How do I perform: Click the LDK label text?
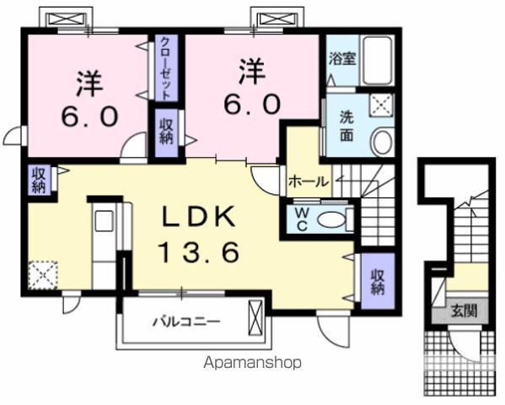click(x=202, y=217)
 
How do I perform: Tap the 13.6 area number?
click(x=202, y=251)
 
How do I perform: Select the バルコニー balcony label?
click(x=187, y=321)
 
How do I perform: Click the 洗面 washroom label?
click(x=347, y=127)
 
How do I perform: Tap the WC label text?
click(x=301, y=220)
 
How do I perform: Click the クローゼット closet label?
click(x=165, y=67)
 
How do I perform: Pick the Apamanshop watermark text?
click(x=253, y=364)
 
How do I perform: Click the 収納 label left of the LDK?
click(x=39, y=179)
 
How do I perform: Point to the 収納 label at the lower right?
click(x=376, y=279)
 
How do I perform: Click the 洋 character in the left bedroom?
click(x=86, y=84)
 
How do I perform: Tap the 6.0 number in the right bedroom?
click(x=250, y=104)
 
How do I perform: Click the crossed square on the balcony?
click(x=255, y=320)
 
